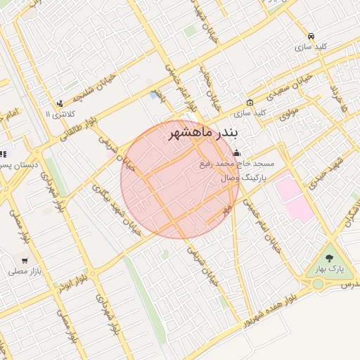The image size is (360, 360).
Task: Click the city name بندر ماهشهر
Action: tap(204, 133)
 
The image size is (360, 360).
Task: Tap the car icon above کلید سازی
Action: tap(311, 36)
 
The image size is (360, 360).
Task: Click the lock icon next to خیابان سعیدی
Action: tap(250, 102)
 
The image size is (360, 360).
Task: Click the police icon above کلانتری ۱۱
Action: tap(59, 103)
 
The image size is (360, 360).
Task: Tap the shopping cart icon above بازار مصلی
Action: tap(25, 260)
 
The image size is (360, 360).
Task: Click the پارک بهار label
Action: tap(330, 269)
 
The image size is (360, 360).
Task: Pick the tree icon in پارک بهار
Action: tap(330, 256)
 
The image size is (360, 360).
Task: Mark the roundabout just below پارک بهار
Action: tap(318, 284)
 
